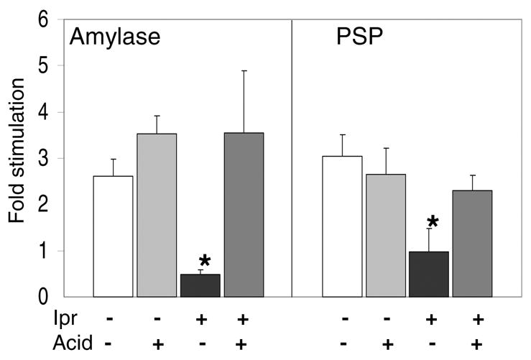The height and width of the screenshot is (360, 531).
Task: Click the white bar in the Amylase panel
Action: point(114,236)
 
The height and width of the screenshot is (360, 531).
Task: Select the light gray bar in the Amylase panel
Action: point(157,215)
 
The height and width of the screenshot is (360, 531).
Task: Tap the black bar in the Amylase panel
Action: point(200,285)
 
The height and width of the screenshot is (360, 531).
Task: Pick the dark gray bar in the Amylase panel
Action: point(244,215)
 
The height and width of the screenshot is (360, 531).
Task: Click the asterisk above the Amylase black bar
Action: point(204,261)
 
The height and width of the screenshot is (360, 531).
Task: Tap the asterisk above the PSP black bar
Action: point(433,221)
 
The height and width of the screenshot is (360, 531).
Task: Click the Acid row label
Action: point(74,343)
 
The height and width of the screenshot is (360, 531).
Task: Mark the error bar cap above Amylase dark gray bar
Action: point(244,70)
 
